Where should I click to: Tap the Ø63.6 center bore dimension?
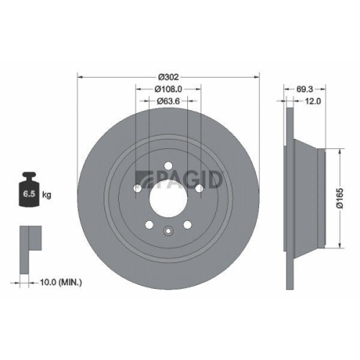pos(168,102)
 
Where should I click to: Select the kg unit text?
pos(48,194)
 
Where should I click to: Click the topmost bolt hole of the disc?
pos(167,167)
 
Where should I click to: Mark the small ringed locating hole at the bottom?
pos(167,231)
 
